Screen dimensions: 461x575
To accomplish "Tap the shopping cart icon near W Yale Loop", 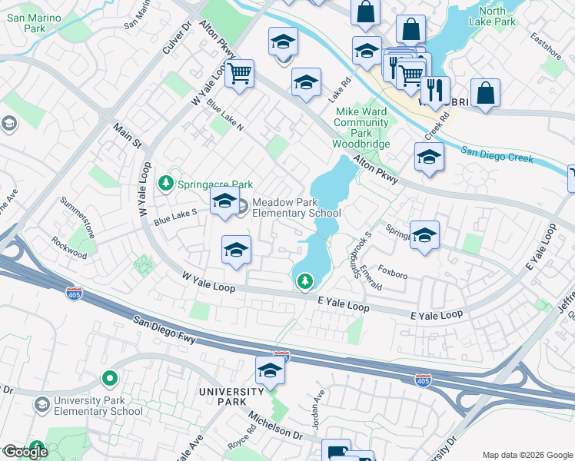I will coord(240,75).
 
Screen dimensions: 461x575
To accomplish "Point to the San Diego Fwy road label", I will coord(165,330).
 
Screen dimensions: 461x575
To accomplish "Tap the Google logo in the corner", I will coord(25,452).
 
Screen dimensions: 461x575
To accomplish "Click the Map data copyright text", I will coord(527,455).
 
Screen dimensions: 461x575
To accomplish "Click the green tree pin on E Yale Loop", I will coord(305,282).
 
